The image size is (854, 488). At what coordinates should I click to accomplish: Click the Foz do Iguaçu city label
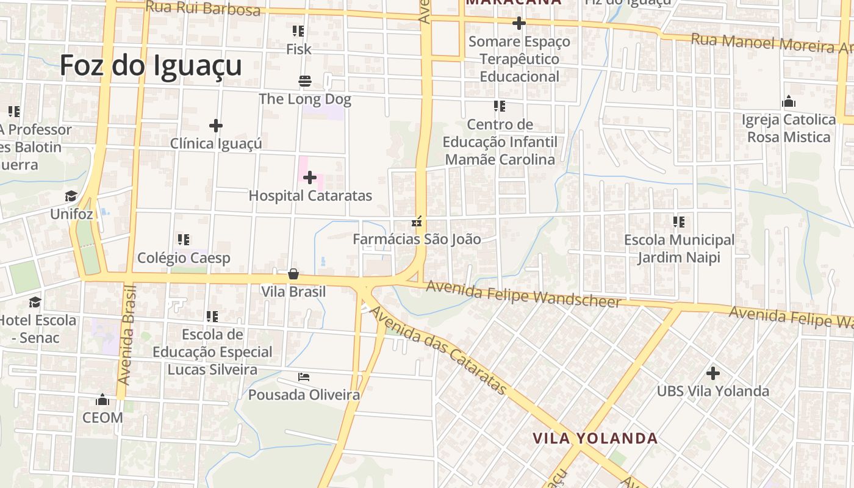pyautogui.click(x=151, y=65)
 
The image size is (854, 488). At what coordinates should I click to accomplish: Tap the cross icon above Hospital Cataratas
pyautogui.click(x=310, y=178)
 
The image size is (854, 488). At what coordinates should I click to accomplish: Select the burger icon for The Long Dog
pyautogui.click(x=305, y=81)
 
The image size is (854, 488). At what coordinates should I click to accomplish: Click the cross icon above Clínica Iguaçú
pyautogui.click(x=215, y=126)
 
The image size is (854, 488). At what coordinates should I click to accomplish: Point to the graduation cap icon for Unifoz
pyautogui.click(x=71, y=196)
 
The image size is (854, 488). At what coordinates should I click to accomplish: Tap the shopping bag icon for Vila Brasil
pyautogui.click(x=293, y=274)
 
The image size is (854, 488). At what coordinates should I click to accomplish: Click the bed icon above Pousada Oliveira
pyautogui.click(x=304, y=377)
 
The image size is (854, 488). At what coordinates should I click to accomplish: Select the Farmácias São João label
pyautogui.click(x=417, y=239)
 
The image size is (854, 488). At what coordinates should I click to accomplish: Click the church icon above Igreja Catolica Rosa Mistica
pyautogui.click(x=789, y=101)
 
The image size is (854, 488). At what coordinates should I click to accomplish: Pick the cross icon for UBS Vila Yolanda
pyautogui.click(x=712, y=373)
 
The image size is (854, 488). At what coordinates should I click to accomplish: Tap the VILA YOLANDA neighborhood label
pyautogui.click(x=595, y=438)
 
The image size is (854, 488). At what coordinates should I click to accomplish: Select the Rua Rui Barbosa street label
pyautogui.click(x=203, y=8)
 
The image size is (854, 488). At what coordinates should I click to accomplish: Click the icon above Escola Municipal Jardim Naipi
pyautogui.click(x=679, y=222)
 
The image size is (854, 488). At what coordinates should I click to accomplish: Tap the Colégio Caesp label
pyautogui.click(x=184, y=257)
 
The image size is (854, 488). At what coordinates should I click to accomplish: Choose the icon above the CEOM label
pyautogui.click(x=102, y=400)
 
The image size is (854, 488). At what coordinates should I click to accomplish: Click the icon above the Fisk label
pyautogui.click(x=298, y=30)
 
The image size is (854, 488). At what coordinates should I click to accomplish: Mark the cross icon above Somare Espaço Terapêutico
pyautogui.click(x=519, y=24)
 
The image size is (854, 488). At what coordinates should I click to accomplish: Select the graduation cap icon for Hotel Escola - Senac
pyautogui.click(x=35, y=302)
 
